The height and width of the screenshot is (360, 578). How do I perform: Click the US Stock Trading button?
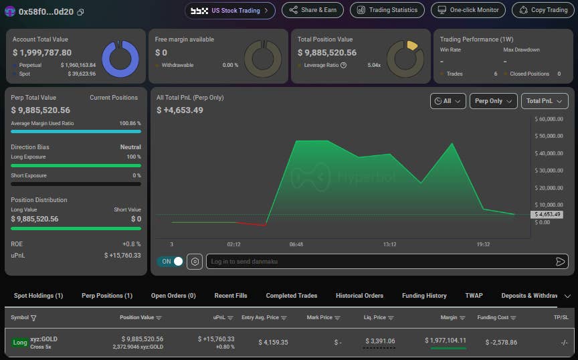click(230, 11)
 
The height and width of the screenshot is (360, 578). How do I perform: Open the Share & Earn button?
click(312, 10)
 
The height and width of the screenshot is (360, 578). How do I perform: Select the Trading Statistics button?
click(387, 10)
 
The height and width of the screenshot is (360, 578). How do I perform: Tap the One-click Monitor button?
click(468, 10)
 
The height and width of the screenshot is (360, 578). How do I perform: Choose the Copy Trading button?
click(543, 10)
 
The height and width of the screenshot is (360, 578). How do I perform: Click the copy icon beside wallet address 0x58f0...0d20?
click(80, 12)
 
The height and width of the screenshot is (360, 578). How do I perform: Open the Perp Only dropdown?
click(493, 101)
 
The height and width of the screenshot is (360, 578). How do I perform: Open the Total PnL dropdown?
click(545, 101)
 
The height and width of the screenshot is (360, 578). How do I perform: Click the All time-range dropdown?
click(448, 101)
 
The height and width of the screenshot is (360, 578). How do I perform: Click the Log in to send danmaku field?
click(387, 262)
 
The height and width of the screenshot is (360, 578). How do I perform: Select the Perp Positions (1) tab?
click(107, 296)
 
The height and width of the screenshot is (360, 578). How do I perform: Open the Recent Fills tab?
click(231, 296)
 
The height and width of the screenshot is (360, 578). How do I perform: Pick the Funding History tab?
click(424, 296)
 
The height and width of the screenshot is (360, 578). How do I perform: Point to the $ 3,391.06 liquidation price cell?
click(380, 341)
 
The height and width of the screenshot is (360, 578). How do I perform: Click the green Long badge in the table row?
click(20, 343)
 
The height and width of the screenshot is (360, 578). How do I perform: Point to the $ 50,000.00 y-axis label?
click(549, 136)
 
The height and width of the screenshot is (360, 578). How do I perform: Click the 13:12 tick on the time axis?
click(389, 244)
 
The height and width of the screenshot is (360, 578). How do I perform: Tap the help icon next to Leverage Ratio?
click(344, 66)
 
